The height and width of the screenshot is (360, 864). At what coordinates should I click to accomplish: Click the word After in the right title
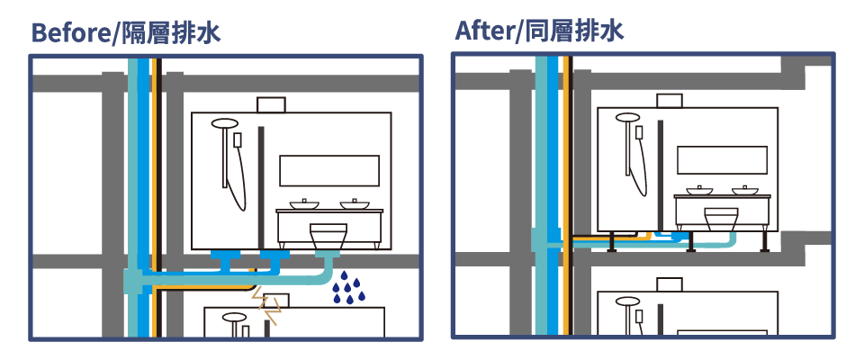(483, 31)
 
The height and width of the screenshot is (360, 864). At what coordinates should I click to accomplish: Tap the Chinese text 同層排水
(575, 31)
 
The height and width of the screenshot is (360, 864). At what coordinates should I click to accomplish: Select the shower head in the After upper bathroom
(627, 117)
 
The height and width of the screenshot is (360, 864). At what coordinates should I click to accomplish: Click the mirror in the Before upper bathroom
(329, 170)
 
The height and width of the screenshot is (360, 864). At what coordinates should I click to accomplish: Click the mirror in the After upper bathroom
(722, 160)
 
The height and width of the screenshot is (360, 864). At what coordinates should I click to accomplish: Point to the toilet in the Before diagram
(329, 237)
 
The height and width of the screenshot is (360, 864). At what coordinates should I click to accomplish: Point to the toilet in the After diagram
(721, 220)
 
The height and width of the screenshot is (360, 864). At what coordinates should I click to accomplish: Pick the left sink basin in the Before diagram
(304, 204)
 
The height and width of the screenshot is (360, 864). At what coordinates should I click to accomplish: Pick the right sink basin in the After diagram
(745, 190)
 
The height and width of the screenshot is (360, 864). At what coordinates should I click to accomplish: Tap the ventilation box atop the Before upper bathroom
(271, 104)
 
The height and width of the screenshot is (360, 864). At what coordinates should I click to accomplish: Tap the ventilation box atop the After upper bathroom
(670, 101)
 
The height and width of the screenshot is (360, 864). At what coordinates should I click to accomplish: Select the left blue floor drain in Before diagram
(225, 260)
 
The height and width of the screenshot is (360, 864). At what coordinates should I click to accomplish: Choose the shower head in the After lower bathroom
(627, 301)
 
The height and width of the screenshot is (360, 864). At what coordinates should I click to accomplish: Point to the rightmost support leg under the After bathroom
(765, 242)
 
